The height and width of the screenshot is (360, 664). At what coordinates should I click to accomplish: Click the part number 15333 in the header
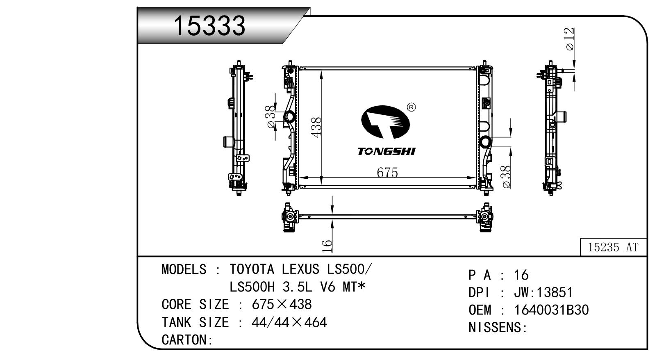pos(209,26)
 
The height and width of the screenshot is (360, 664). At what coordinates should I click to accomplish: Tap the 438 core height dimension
pos(316,127)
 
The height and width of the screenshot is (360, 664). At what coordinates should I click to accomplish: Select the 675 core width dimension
pos(387,173)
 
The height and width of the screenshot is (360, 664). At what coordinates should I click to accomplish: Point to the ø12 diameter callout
pos(570,39)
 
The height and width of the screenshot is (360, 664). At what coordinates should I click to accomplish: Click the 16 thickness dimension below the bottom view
pos(326,246)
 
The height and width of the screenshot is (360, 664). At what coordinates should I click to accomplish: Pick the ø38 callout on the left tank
pos(271,117)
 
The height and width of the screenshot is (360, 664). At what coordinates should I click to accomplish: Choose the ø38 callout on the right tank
pos(506,177)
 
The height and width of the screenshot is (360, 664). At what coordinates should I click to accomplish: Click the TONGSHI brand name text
pos(387,151)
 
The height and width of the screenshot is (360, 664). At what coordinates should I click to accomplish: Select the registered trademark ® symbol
pos(412,107)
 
